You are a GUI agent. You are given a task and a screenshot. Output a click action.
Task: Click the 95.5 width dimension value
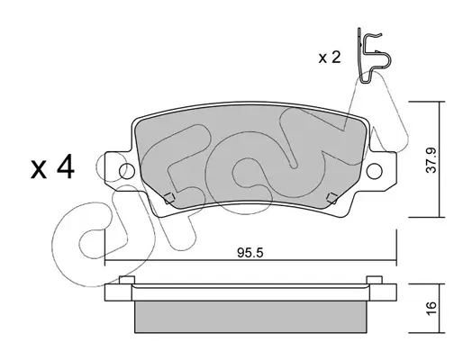[250, 253]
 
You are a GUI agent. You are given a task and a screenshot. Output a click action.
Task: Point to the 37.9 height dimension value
[431, 160]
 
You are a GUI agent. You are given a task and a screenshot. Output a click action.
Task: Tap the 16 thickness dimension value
[431, 308]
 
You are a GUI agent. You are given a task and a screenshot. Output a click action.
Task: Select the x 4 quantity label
[52, 169]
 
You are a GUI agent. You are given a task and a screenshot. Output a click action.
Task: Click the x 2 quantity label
[330, 57]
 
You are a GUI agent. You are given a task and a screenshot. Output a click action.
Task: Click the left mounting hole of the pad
[127, 171]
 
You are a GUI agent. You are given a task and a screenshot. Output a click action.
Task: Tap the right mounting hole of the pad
[375, 171]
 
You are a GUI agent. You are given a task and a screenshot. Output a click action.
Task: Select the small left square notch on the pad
[169, 198]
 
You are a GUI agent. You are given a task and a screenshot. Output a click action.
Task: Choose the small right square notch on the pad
[332, 198]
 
